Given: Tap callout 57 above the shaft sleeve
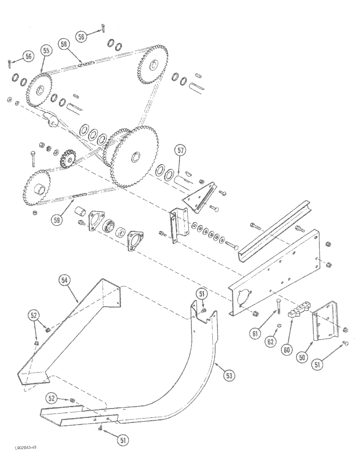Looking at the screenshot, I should pyautogui.click(x=180, y=150).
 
